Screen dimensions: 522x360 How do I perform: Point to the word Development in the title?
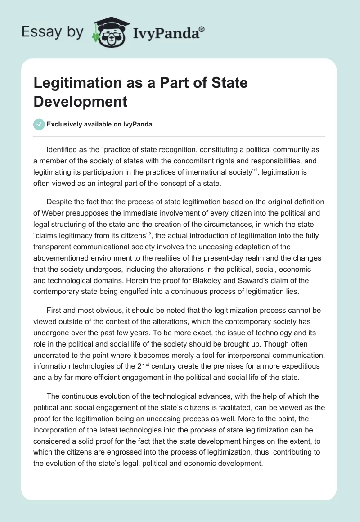pyautogui.click(x=81, y=101)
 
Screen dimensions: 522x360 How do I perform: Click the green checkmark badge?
pyautogui.click(x=39, y=125)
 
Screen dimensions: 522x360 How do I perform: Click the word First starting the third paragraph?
pyautogui.click(x=54, y=312)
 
